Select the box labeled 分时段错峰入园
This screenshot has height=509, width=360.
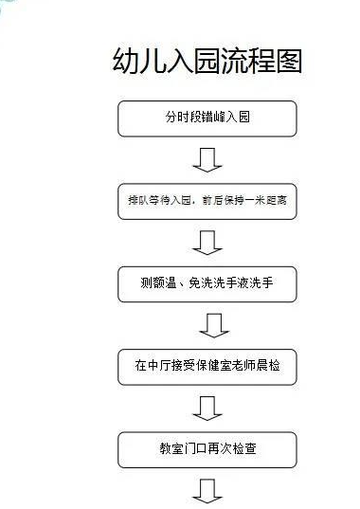(207, 119)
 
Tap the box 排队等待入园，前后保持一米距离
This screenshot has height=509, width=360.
(207, 201)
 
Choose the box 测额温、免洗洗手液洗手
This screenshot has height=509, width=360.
(207, 282)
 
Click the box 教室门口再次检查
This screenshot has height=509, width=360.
(207, 448)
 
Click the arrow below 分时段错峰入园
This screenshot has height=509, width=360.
(207, 158)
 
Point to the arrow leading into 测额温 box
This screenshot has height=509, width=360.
(207, 244)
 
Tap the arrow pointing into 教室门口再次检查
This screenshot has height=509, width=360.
(207, 408)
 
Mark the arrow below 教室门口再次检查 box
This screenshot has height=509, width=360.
(207, 491)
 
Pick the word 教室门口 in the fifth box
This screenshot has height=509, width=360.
(182, 448)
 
